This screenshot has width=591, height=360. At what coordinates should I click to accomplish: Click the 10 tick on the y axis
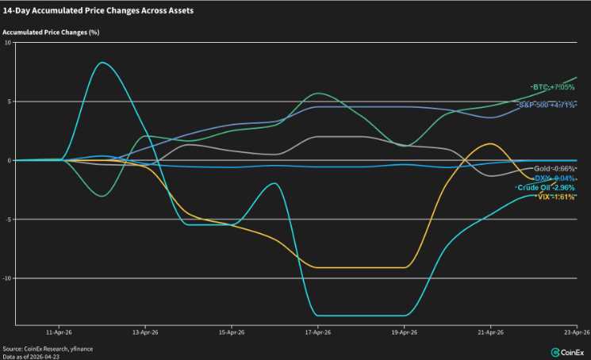pyautogui.click(x=8, y=43)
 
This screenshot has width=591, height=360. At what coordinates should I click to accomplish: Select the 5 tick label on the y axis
pyautogui.click(x=9, y=101)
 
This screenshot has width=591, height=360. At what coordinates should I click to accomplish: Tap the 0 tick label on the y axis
pyautogui.click(x=9, y=160)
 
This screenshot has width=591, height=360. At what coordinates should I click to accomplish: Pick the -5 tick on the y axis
pyautogui.click(x=8, y=220)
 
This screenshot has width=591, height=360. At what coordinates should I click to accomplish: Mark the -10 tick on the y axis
pyautogui.click(x=7, y=278)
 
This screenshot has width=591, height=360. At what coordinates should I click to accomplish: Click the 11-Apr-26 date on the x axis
pyautogui.click(x=59, y=334)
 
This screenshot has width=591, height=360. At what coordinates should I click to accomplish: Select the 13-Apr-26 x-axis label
pyautogui.click(x=144, y=334)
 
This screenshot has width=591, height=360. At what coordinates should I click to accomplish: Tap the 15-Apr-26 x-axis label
pyautogui.click(x=231, y=334)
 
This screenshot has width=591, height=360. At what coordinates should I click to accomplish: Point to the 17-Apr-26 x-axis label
pyautogui.click(x=317, y=334)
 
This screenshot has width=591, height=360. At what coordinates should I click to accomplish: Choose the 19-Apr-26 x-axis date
pyautogui.click(x=404, y=334)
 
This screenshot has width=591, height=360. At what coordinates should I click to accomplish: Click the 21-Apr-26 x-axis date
pyautogui.click(x=490, y=334)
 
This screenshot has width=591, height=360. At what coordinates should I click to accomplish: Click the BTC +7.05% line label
pyautogui.click(x=553, y=86)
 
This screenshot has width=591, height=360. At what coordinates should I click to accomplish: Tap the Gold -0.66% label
pyautogui.click(x=555, y=169)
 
